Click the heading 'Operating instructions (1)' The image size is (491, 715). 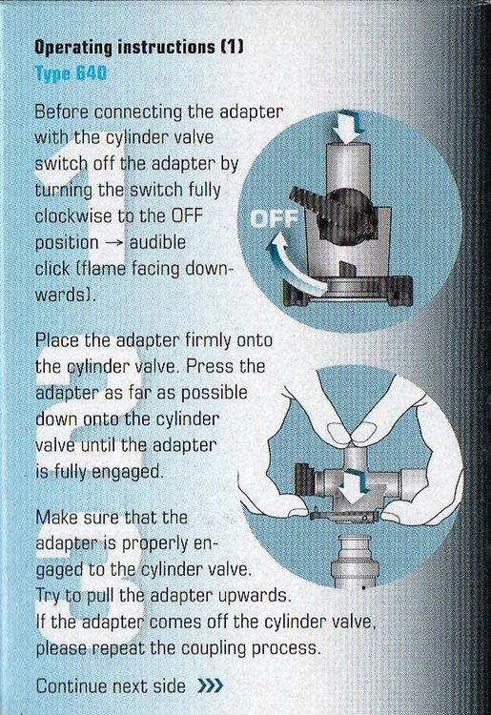pos(139,47)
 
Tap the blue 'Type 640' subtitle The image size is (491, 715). pos(71,73)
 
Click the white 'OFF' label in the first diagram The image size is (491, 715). pos(275,219)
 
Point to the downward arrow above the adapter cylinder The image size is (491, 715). pos(347,126)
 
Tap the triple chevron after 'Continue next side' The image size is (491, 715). pos(211,684)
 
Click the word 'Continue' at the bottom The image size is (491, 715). pos(72,685)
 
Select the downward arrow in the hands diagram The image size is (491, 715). pos(357,486)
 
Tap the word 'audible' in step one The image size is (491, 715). pos(157,242)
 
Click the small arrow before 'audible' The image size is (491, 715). pos(114,242)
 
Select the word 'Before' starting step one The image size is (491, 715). pos(62,112)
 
